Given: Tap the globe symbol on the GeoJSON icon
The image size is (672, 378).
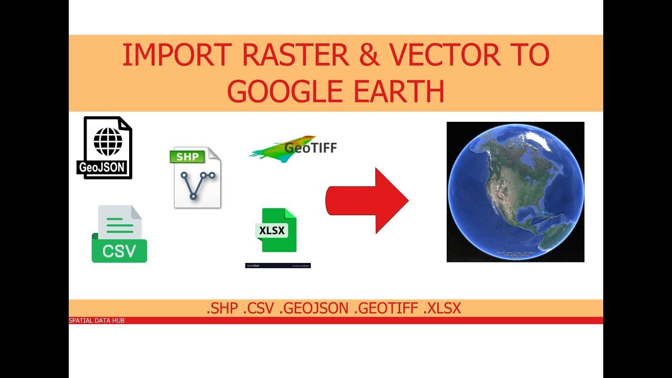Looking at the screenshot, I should click(x=108, y=139).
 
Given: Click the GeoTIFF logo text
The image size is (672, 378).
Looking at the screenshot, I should click(x=310, y=148).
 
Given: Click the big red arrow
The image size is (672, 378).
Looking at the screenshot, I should click(x=367, y=200).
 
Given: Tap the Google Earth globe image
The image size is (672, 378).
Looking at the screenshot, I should click(x=515, y=192).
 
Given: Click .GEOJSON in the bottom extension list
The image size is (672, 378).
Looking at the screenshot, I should click(x=314, y=309).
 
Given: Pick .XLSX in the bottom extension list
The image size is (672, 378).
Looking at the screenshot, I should click(x=442, y=309).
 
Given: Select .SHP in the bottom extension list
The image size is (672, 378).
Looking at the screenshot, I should click(x=223, y=309).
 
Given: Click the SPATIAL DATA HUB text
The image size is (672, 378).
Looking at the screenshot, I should click(x=97, y=320).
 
